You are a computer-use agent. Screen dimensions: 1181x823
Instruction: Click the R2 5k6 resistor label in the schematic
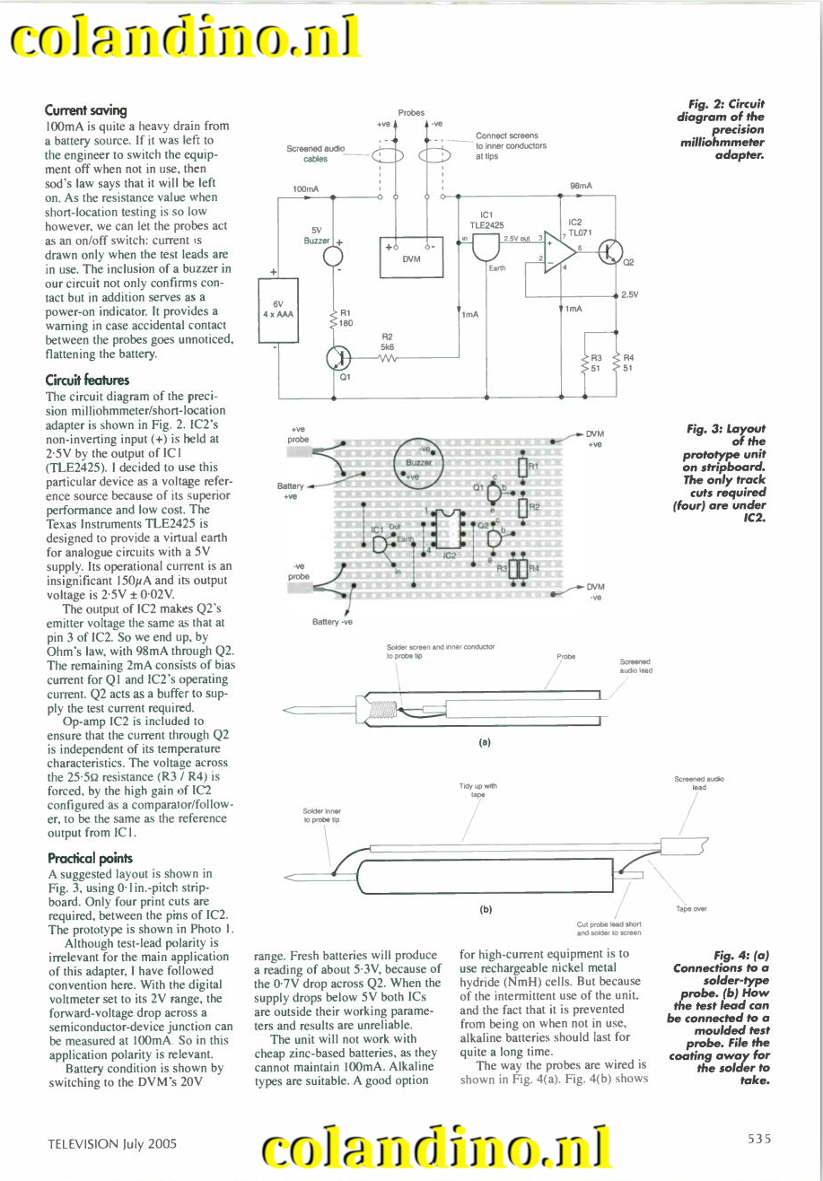pyautogui.click(x=388, y=341)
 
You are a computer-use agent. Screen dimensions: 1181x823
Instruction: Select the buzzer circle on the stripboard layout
pyautogui.click(x=418, y=460)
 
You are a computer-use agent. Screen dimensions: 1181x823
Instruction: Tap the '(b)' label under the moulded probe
pyautogui.click(x=486, y=908)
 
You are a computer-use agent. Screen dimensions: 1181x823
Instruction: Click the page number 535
pyautogui.click(x=758, y=1140)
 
